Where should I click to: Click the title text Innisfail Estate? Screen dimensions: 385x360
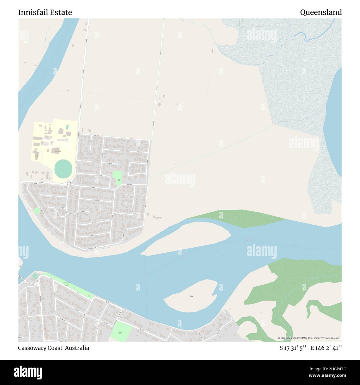point(45,12)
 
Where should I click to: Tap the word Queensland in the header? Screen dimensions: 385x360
point(321,12)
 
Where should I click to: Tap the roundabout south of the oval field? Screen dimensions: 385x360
point(69,183)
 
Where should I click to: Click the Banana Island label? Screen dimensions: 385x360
point(191,296)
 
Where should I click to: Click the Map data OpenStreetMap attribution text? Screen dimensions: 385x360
point(310,338)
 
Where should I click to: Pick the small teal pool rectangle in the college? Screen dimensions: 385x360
point(67,127)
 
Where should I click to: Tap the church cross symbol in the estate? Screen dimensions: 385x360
point(63,206)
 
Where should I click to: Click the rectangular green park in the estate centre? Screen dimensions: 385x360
point(118,178)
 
